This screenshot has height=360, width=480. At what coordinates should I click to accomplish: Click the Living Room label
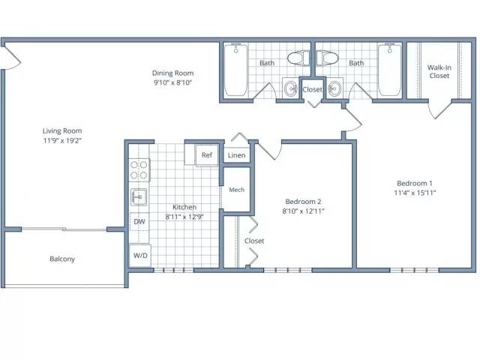[62, 131]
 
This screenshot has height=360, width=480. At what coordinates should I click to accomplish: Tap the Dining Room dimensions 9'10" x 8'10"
[172, 82]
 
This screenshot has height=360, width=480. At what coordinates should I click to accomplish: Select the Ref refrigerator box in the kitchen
[207, 155]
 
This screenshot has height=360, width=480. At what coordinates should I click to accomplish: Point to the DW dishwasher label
[139, 222]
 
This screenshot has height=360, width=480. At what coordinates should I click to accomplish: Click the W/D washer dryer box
[140, 255]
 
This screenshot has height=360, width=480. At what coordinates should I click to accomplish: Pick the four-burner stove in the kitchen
[139, 170]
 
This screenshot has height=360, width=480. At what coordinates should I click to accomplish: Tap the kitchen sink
[139, 196]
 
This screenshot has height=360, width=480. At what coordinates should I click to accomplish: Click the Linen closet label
[237, 155]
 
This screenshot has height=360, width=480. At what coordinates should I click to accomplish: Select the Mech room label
[237, 190]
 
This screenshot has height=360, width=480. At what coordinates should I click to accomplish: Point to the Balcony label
[62, 259]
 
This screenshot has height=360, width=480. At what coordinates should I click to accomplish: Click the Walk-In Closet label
[439, 72]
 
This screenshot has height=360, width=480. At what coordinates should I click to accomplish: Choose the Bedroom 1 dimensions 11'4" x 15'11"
[415, 193]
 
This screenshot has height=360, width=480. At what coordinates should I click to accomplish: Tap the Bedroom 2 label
[303, 202]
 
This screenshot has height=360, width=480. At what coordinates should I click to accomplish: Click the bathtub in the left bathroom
[235, 70]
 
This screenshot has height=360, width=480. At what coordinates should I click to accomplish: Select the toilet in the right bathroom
[327, 58]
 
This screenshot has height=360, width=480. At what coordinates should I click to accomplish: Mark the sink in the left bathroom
[290, 88]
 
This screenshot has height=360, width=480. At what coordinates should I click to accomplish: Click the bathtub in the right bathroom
[390, 70]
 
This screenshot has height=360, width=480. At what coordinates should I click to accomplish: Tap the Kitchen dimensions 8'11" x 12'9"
[184, 217]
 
